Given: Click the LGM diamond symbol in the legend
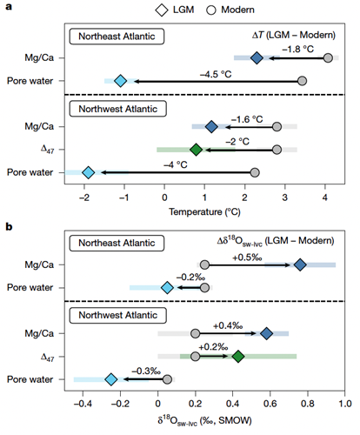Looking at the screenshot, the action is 162,10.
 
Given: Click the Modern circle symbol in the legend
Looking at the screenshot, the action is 211,10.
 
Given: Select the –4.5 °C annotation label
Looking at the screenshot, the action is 216,74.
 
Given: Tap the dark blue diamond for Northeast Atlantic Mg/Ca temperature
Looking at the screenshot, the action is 257,57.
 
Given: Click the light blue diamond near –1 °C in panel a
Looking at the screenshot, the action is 121,81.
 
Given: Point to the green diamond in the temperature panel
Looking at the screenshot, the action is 196,150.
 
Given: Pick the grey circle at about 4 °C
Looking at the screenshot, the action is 328,57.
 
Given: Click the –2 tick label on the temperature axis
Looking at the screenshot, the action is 84,197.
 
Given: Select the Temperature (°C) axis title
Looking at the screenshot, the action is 204,212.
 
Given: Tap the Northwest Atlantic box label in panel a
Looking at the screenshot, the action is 118,109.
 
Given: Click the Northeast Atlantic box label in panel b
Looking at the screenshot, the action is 117,243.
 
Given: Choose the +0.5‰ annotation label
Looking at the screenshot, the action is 247,258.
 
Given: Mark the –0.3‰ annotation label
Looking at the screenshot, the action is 146,371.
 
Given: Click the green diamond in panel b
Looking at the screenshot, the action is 238,357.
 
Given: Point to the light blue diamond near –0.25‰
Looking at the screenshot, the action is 111,379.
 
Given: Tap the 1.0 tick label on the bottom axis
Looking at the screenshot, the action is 344,404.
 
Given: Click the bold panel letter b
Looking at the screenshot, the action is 9,226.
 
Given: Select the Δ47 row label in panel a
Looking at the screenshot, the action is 47,150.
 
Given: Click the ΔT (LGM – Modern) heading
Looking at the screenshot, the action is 294,35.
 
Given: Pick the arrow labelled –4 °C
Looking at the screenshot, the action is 177,172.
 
